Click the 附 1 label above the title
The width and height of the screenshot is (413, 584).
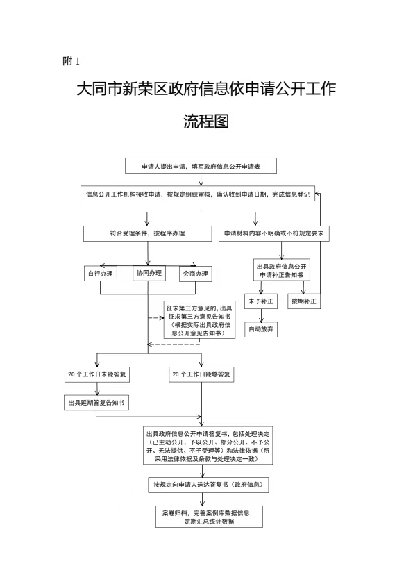tap(71, 60)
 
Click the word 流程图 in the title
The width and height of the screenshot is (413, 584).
tap(206, 121)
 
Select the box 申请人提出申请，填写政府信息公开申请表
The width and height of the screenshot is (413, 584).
tap(201, 166)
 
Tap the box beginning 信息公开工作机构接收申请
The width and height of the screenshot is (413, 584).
tap(198, 194)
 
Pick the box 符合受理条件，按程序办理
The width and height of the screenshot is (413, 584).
tap(147, 233)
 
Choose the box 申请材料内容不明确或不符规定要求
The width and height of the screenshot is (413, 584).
tap(273, 233)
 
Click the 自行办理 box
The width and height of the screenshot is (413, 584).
tap(101, 274)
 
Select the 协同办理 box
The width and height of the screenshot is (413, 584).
tap(149, 273)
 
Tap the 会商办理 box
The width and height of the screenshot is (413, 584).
tap(196, 274)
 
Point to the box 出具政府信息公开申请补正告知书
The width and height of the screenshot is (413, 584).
tap(282, 270)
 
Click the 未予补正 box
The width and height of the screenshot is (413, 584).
tap(261, 301)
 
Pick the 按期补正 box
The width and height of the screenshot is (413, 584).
tap(304, 301)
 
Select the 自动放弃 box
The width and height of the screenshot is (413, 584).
tap(261, 329)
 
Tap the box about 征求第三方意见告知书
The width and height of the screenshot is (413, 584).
tap(200, 320)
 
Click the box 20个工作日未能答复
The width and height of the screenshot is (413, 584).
tap(96, 374)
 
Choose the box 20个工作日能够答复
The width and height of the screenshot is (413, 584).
tap(201, 374)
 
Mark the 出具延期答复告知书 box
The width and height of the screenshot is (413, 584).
tap(96, 403)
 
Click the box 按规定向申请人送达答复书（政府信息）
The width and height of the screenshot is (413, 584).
tap(208, 485)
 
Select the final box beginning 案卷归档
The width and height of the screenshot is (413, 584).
tap(209, 517)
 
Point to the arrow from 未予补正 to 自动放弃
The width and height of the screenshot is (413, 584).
tap(261, 315)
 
